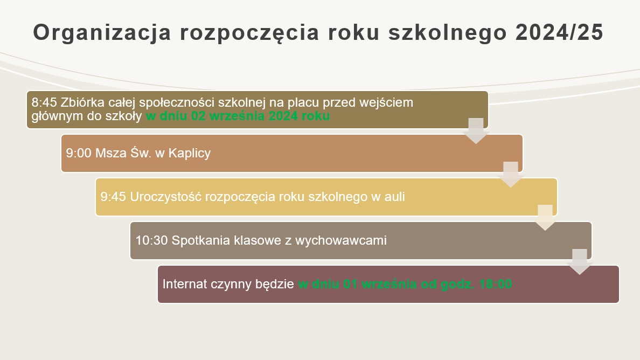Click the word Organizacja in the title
coord(102,33)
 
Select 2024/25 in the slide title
coord(559,32)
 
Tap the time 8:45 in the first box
coord(44,102)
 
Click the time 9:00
coord(79,153)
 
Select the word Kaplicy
coord(190,153)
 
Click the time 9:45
coord(113,197)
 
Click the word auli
coord(394,197)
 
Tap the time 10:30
coord(151,240)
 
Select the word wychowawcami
coord(341,240)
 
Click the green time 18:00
coord(496,284)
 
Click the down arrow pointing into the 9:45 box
coord(511,175)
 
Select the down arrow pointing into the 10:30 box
coord(545,218)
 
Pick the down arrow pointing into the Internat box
coord(580,261)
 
